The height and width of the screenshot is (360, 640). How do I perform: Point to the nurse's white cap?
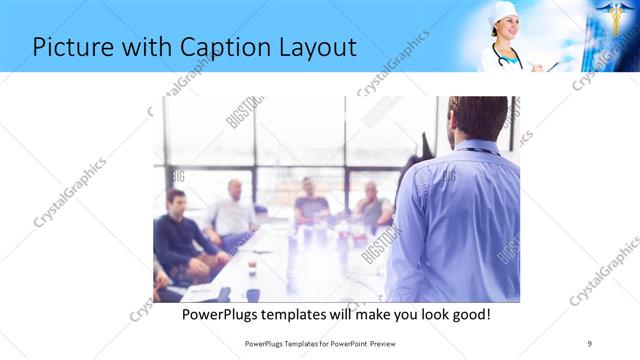pyautogui.click(x=503, y=10)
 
